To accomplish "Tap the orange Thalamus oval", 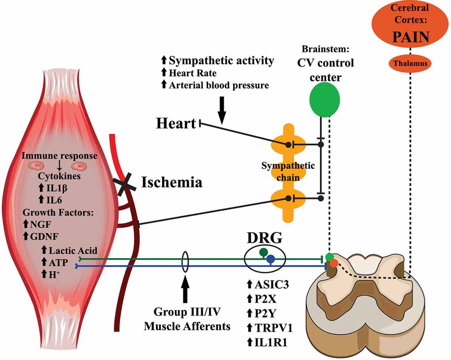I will pyautogui.click(x=411, y=64).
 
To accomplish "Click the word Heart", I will pyautogui.click(x=176, y=124).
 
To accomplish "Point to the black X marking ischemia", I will pyautogui.click(x=122, y=186).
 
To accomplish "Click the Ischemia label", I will pyautogui.click(x=172, y=183).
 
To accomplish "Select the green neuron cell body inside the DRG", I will pyautogui.click(x=264, y=252).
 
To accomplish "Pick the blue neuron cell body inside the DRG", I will pyautogui.click(x=271, y=259).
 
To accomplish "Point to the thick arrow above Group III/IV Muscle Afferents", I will pyautogui.click(x=185, y=290).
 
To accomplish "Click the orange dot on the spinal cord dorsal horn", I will pyautogui.click(x=333, y=264).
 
